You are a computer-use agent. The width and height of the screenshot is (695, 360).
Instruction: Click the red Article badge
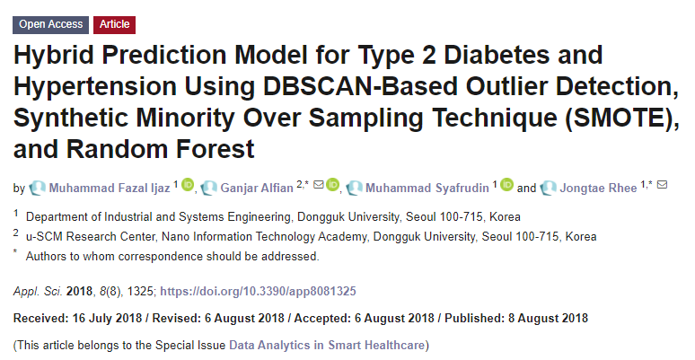pyautogui.click(x=113, y=24)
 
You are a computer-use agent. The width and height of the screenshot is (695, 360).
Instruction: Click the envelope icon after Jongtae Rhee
pyautogui.click(x=663, y=186)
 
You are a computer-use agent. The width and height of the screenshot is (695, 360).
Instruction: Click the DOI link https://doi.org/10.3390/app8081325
pyautogui.click(x=258, y=292)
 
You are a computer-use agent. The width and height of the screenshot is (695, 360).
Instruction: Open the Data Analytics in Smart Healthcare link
pyautogui.click(x=328, y=345)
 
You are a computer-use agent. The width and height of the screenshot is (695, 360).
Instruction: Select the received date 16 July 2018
pyautogui.click(x=110, y=319)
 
